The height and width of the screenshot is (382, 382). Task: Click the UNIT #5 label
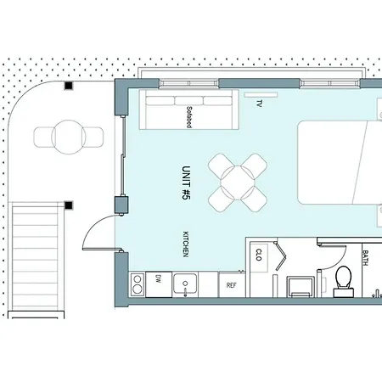coord(186,183)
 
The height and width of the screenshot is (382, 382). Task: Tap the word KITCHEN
coord(186,244)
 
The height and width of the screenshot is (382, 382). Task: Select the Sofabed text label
coord(189,117)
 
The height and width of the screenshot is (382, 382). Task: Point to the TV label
coord(259,104)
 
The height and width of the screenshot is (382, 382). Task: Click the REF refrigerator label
coord(231,285)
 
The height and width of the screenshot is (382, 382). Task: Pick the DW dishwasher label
coord(158,280)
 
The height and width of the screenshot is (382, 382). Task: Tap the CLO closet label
coord(259,255)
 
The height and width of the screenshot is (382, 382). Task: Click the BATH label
coord(365,258)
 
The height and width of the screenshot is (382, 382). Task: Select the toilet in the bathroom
coord(344,282)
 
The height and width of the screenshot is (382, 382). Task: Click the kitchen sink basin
coord(185,284)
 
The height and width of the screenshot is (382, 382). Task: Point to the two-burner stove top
coord(138,284)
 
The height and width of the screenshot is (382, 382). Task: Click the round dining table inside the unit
coord(238,183)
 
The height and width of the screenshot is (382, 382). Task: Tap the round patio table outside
coord(68,137)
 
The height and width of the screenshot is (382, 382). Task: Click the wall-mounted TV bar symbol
coord(261,95)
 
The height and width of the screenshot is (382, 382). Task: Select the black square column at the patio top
coord(69,85)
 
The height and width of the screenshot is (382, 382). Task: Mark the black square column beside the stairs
coord(69,205)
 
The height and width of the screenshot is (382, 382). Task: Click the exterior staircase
coord(35,257)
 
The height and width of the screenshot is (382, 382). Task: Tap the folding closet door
coord(282,256)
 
